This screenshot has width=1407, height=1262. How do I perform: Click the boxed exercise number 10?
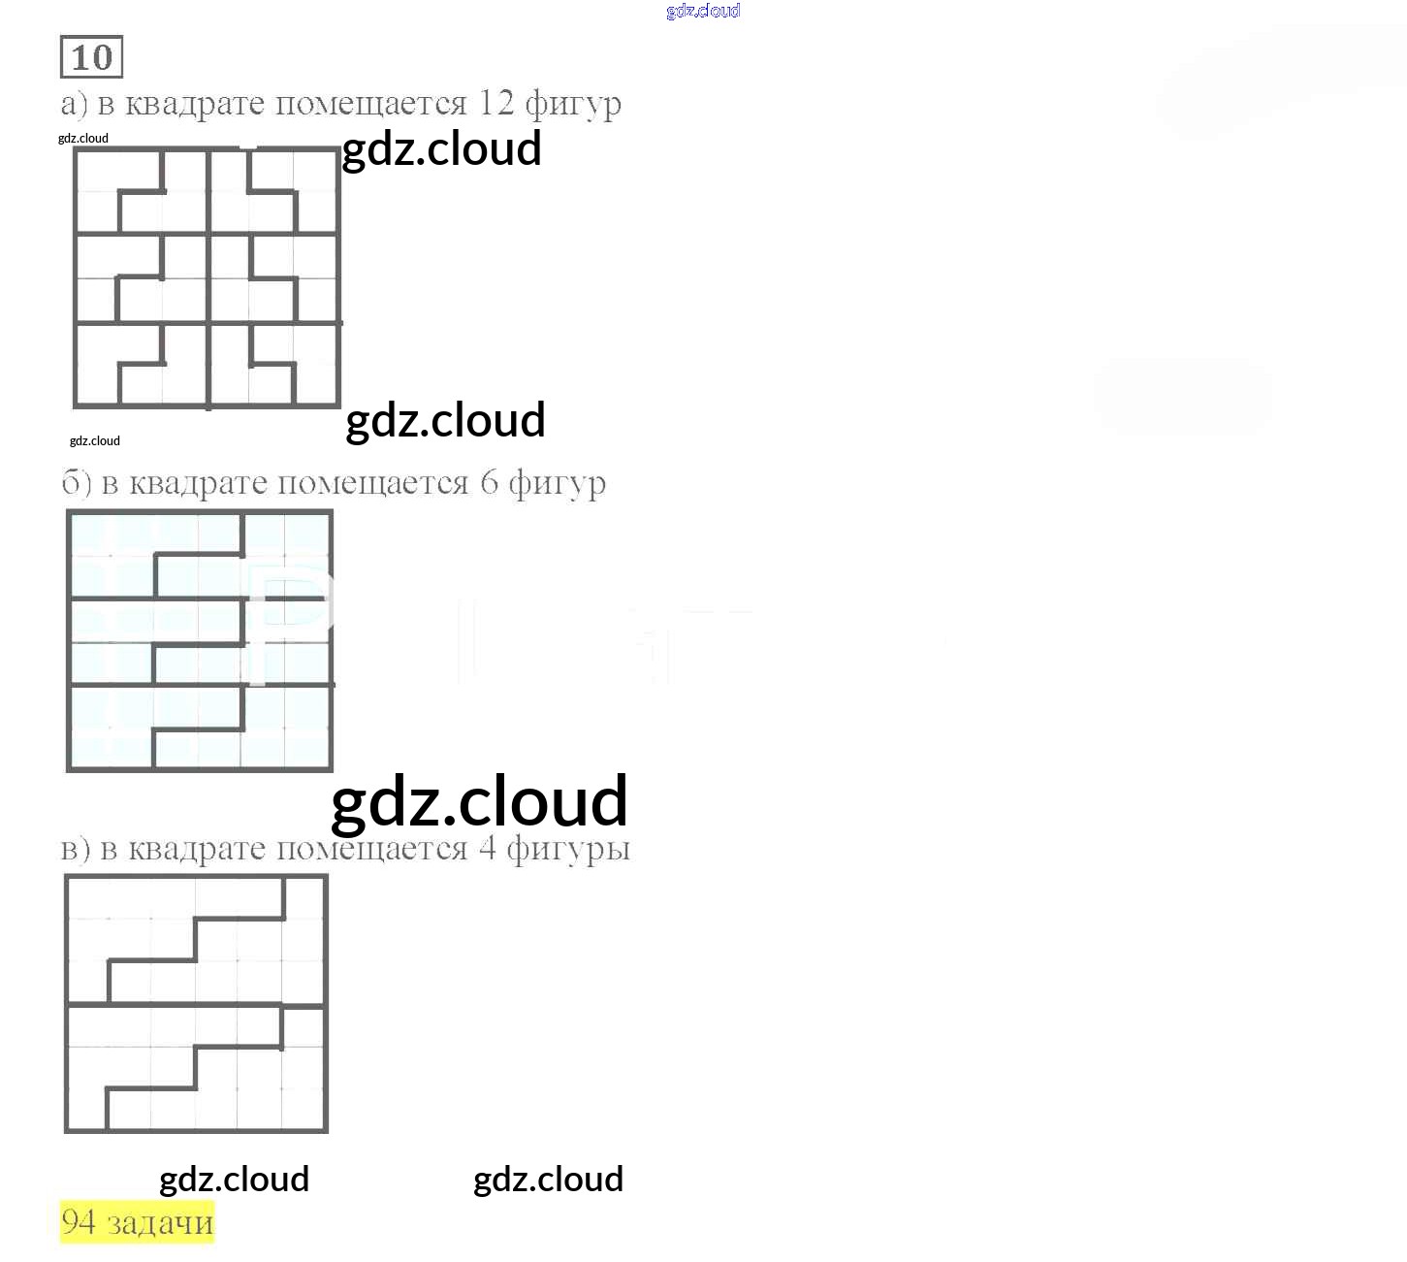click(x=91, y=57)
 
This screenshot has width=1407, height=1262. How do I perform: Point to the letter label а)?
click(x=74, y=103)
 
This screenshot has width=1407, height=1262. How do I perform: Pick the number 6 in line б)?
click(x=490, y=482)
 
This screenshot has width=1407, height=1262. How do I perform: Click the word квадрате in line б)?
click(x=200, y=483)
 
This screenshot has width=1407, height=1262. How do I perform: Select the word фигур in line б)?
click(x=557, y=484)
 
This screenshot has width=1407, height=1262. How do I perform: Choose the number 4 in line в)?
click(x=487, y=848)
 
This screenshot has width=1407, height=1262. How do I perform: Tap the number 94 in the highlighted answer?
click(x=79, y=1222)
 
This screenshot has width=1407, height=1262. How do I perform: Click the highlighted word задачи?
click(x=160, y=1223)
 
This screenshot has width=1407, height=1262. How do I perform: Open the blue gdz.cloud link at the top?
click(x=703, y=11)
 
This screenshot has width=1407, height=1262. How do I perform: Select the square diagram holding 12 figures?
click(x=208, y=277)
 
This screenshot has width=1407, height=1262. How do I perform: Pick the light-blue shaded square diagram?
click(x=200, y=641)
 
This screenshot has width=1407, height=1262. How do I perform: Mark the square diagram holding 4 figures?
click(x=196, y=1004)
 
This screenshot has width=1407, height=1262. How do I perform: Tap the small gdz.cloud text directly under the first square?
click(x=95, y=440)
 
